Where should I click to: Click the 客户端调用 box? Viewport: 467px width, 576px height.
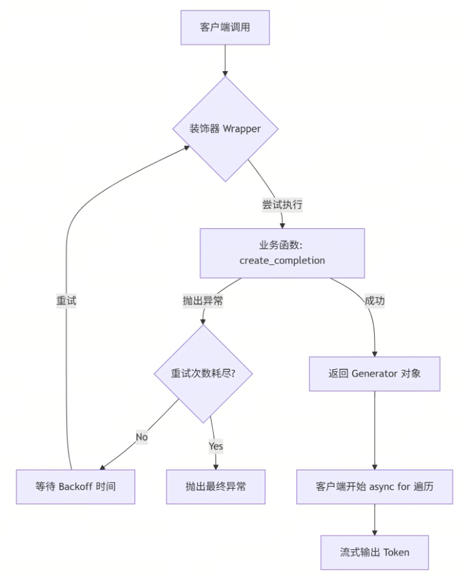(x=225, y=27)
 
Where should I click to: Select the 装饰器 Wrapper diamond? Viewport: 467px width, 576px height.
(x=225, y=129)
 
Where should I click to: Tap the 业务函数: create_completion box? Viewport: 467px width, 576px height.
(x=282, y=253)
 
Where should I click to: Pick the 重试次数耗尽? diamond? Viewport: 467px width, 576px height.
(x=202, y=374)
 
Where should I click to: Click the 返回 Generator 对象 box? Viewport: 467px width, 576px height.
(x=374, y=374)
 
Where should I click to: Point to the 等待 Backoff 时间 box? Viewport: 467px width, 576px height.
(x=75, y=487)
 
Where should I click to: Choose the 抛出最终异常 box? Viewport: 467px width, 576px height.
(x=216, y=487)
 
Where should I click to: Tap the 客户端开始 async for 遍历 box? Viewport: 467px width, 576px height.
(x=374, y=487)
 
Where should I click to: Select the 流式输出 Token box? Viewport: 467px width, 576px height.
(x=374, y=552)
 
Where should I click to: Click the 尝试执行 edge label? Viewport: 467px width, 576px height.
(x=282, y=204)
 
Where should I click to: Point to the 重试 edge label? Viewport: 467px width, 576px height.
(x=66, y=301)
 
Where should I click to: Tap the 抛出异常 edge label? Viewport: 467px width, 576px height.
(x=202, y=301)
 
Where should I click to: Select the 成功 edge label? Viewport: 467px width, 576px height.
(x=374, y=301)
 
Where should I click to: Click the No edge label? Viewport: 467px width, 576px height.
(x=142, y=436)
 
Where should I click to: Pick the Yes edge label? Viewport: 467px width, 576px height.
(x=216, y=446)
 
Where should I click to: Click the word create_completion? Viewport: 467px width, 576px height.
(x=282, y=260)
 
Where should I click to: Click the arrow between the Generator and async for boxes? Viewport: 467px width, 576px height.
(x=374, y=431)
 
